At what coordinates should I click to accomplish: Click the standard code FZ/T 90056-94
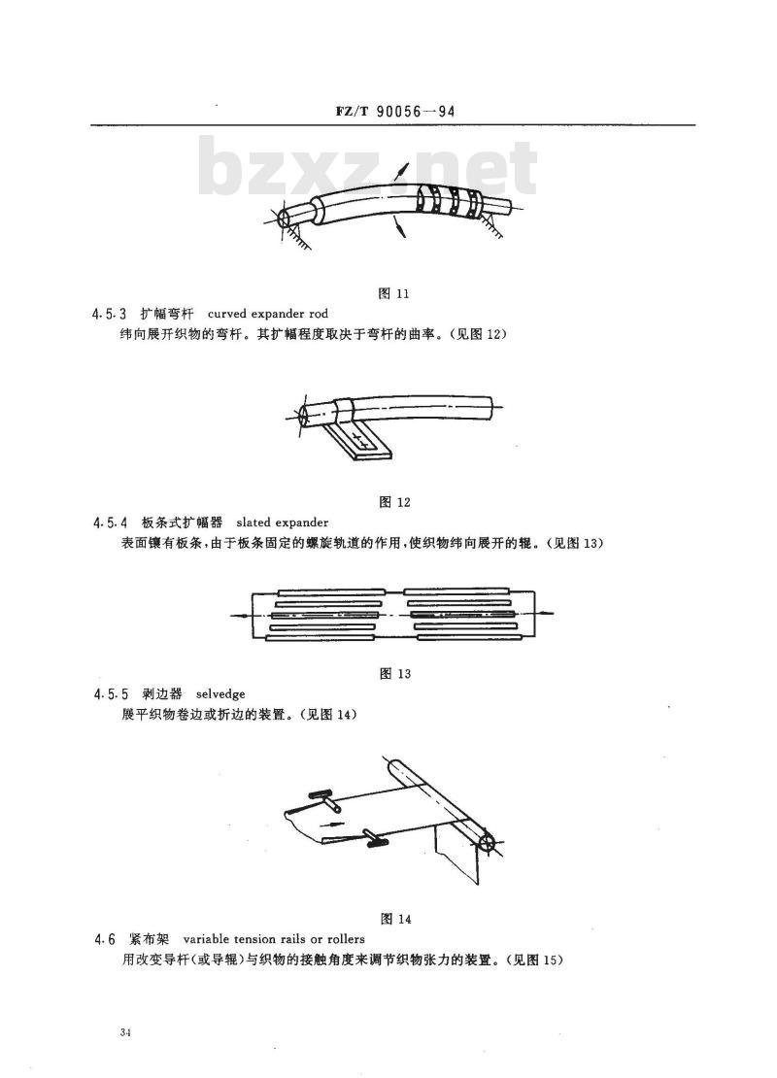tap(395, 112)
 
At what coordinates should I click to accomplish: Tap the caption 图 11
tap(394, 293)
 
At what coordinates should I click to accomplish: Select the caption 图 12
tap(394, 502)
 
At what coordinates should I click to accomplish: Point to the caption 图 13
tap(394, 674)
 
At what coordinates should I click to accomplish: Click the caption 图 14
tap(395, 919)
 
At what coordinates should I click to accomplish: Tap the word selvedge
tap(220, 694)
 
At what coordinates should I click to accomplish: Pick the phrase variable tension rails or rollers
tap(274, 939)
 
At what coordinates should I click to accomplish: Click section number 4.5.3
tap(110, 315)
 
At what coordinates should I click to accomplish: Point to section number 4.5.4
tap(110, 523)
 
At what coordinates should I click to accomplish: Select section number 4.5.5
tap(110, 694)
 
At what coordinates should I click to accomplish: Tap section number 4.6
tap(105, 939)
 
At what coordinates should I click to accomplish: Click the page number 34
tap(124, 1032)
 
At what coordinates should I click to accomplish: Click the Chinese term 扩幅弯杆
tap(166, 315)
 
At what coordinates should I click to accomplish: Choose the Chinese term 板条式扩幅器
tap(181, 522)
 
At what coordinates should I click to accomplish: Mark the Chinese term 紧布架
tap(148, 939)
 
